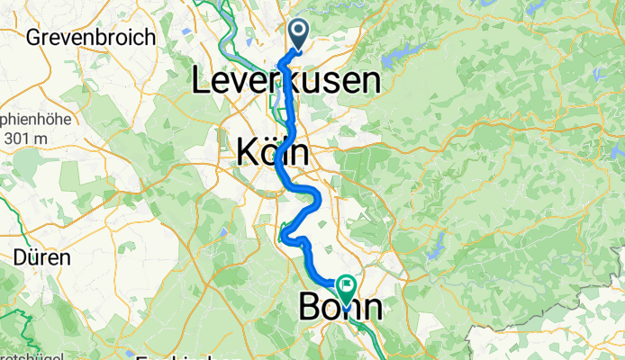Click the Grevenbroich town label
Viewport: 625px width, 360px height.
91,38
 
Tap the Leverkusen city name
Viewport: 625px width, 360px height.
285,83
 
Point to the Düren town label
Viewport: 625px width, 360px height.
41,256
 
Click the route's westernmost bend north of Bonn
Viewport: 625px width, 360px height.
283,237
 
